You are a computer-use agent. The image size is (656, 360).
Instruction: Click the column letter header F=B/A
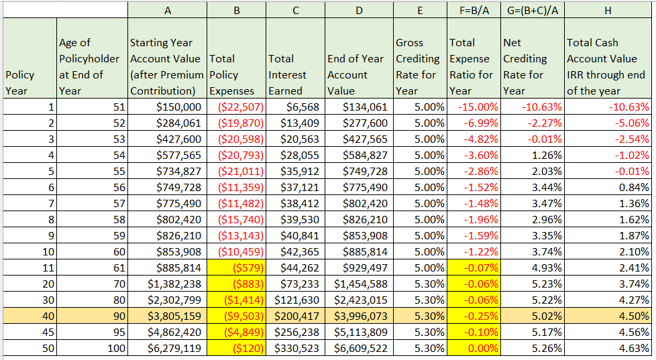click(473, 9)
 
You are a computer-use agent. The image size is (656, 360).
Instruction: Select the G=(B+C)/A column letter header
click(531, 9)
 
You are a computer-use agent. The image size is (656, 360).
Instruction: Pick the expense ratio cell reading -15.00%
click(473, 107)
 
